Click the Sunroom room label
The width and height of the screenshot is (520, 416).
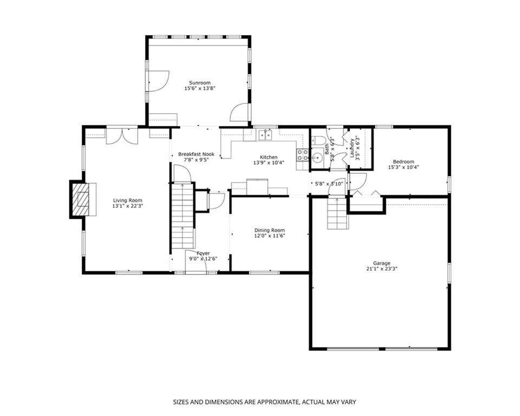pyautogui.click(x=200, y=82)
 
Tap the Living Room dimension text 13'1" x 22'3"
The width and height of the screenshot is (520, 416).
pyautogui.click(x=128, y=206)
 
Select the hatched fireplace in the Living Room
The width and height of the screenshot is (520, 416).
pyautogui.click(x=81, y=199)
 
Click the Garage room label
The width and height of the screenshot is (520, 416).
pyautogui.click(x=381, y=263)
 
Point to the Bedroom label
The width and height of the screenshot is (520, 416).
pyautogui.click(x=404, y=161)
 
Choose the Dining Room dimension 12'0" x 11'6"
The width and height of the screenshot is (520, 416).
pyautogui.click(x=270, y=236)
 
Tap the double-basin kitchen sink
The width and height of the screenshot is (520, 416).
pyautogui.click(x=265, y=135)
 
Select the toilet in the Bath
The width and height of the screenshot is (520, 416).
pyautogui.click(x=318, y=140)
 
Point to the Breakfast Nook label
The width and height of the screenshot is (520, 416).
pyautogui.click(x=196, y=154)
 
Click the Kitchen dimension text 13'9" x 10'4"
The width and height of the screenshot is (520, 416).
pyautogui.click(x=269, y=162)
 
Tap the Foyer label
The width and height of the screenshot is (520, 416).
pyautogui.click(x=203, y=253)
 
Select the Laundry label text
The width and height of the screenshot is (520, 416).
pyautogui.click(x=352, y=147)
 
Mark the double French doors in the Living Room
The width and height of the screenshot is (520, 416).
pyautogui.click(x=122, y=135)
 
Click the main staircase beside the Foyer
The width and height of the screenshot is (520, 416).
pyautogui.click(x=182, y=216)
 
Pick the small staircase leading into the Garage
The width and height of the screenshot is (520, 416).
pyautogui.click(x=337, y=213)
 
